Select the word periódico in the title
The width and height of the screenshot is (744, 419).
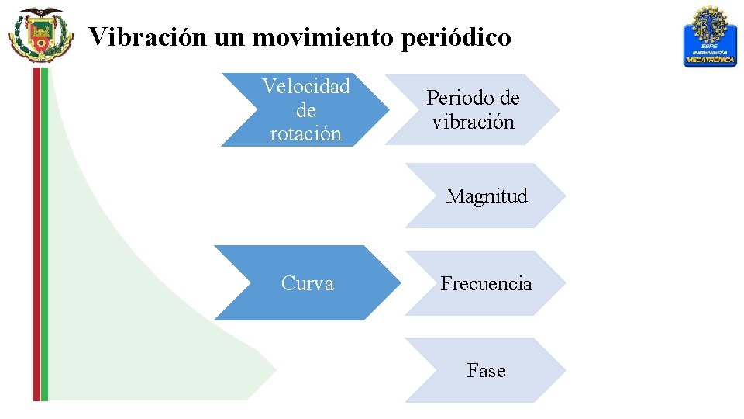click(457, 36)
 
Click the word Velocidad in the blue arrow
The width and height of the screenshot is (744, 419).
click(306, 86)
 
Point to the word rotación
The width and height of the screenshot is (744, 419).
click(306, 133)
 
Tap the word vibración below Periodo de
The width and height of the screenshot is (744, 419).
click(473, 122)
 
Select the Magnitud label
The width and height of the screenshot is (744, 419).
click(487, 196)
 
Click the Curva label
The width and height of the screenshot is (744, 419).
click(308, 283)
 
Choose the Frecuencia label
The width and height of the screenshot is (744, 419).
click(487, 283)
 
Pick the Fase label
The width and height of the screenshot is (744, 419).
click(486, 371)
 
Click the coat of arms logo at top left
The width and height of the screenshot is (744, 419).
click(36, 34)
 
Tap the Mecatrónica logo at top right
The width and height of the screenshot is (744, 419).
click(710, 36)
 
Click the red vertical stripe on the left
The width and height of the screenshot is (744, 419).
click(36, 233)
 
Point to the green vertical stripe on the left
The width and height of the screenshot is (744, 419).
click(45, 233)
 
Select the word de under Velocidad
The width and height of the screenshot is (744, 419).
click(306, 110)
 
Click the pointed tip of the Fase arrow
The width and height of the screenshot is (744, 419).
click(565, 369)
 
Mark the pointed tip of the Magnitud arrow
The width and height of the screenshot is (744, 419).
click(565, 195)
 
